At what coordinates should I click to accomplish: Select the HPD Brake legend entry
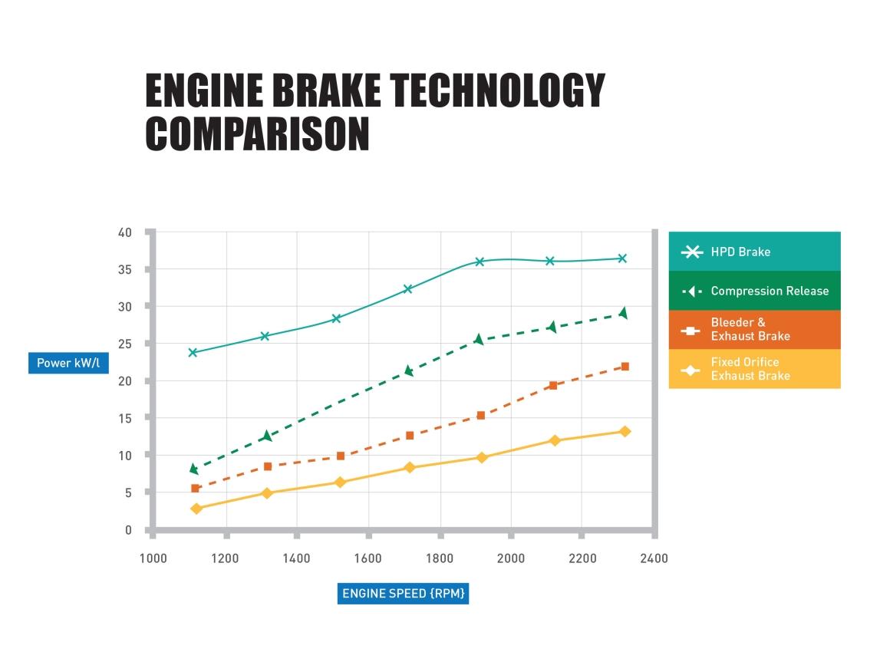point(754,252)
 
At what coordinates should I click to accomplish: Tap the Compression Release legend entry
point(754,291)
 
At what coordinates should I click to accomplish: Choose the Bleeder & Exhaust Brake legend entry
point(754,329)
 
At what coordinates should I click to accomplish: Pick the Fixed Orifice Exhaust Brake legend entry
point(754,369)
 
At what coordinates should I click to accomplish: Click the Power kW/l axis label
point(68,363)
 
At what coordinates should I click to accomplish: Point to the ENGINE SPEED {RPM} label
point(404,594)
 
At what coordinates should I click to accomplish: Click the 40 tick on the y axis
point(124,232)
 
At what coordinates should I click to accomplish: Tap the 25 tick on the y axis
point(124,344)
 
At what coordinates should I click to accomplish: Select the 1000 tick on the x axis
point(153,558)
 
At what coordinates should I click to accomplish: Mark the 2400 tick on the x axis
point(653,558)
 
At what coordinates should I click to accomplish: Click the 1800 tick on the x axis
point(440,558)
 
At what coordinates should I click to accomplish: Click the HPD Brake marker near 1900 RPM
point(480,262)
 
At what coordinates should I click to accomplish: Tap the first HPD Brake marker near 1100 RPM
point(193,353)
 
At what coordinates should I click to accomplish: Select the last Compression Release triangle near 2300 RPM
point(623,313)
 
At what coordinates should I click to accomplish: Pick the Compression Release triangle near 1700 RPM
point(409,371)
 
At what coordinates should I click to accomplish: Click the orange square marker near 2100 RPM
point(552,385)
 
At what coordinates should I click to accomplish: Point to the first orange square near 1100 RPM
point(195,489)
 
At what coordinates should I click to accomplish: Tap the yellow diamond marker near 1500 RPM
point(340,482)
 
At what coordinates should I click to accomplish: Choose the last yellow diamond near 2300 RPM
point(624,431)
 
